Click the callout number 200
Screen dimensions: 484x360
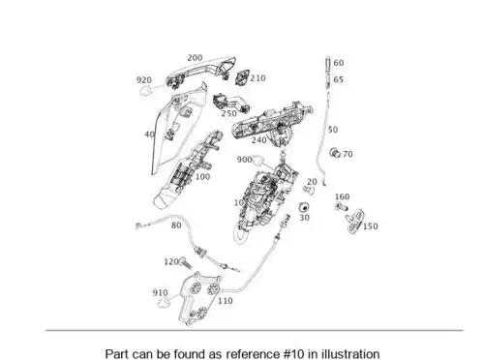(x=195, y=58)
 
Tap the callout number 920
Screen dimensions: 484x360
(x=144, y=80)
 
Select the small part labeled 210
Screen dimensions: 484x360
(x=241, y=77)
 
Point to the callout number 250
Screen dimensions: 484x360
(x=228, y=113)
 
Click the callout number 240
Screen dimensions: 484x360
(x=259, y=140)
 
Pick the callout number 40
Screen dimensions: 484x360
(x=149, y=135)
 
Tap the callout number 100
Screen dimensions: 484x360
(x=202, y=177)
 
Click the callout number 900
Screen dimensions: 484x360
(x=244, y=160)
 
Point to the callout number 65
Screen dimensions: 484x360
(x=338, y=79)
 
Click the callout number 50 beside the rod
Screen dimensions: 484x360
(x=333, y=130)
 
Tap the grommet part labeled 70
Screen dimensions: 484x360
(x=335, y=152)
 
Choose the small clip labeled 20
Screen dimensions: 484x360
(x=309, y=190)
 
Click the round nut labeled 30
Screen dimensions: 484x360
(x=304, y=207)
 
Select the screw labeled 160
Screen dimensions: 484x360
(x=341, y=206)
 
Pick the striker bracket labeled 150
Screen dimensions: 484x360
(x=354, y=221)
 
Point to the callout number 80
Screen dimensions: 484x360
(x=176, y=225)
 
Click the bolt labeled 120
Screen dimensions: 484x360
(x=186, y=263)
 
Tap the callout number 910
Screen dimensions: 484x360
(x=160, y=292)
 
